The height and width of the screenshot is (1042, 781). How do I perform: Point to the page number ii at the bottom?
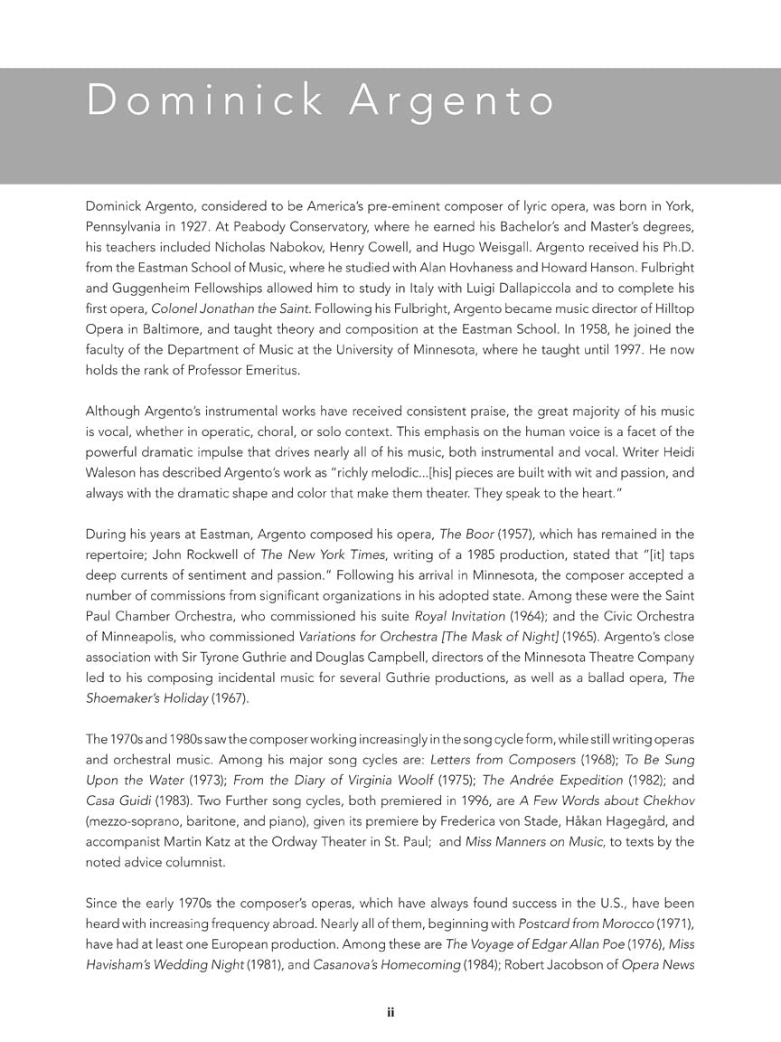pos(390,1013)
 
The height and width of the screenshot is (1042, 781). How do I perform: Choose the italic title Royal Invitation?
pos(466,617)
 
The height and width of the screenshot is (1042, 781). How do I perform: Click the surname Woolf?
pos(412,780)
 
